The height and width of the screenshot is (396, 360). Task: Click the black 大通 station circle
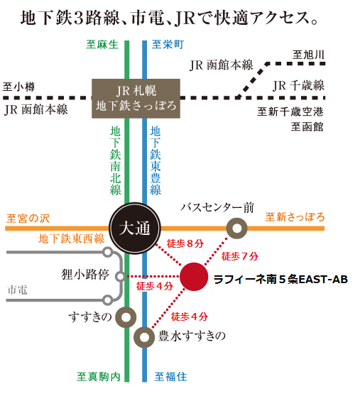tap(135, 229)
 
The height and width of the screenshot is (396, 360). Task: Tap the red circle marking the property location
tap(194, 277)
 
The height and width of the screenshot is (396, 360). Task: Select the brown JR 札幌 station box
tap(136, 99)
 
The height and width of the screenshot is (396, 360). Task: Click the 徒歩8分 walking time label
tap(185, 243)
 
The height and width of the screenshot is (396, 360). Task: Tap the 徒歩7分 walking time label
tap(240, 256)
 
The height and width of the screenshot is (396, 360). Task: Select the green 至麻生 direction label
tap(102, 45)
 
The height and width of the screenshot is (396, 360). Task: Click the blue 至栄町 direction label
tap(168, 45)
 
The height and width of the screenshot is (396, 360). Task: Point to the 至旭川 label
tap(308, 55)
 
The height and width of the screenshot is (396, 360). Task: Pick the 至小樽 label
tap(18, 87)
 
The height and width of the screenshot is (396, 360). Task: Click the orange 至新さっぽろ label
tap(295, 217)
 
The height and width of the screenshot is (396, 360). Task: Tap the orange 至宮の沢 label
tap(28, 219)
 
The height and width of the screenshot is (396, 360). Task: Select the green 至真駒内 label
tap(99, 377)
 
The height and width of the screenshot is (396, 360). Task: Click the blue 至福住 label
tap(171, 377)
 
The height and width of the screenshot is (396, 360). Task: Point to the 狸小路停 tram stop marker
tap(121, 277)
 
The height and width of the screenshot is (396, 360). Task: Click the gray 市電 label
tap(18, 290)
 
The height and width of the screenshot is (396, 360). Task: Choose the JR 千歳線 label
tap(299, 85)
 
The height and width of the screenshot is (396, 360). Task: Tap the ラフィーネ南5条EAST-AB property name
tap(280, 280)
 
